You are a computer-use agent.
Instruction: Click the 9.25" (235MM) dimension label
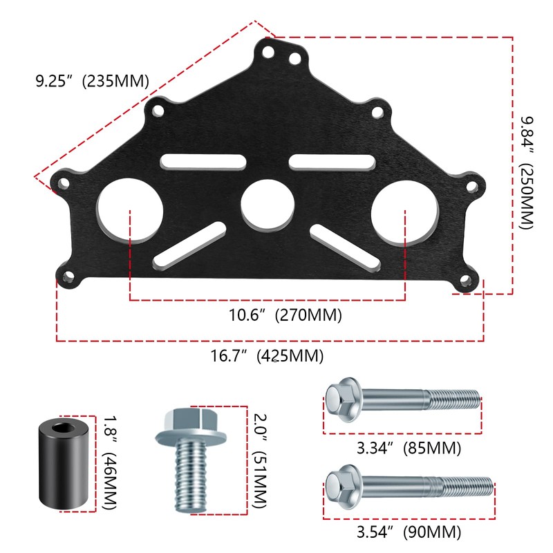(x=92, y=80)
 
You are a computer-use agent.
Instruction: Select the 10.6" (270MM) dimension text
(x=285, y=316)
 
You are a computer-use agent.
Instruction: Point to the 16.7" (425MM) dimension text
(x=267, y=357)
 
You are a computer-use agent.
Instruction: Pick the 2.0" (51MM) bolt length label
(x=259, y=461)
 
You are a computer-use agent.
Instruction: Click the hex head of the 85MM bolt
(x=342, y=400)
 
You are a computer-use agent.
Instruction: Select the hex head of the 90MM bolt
(x=342, y=484)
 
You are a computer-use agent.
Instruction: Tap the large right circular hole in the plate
(x=404, y=212)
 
